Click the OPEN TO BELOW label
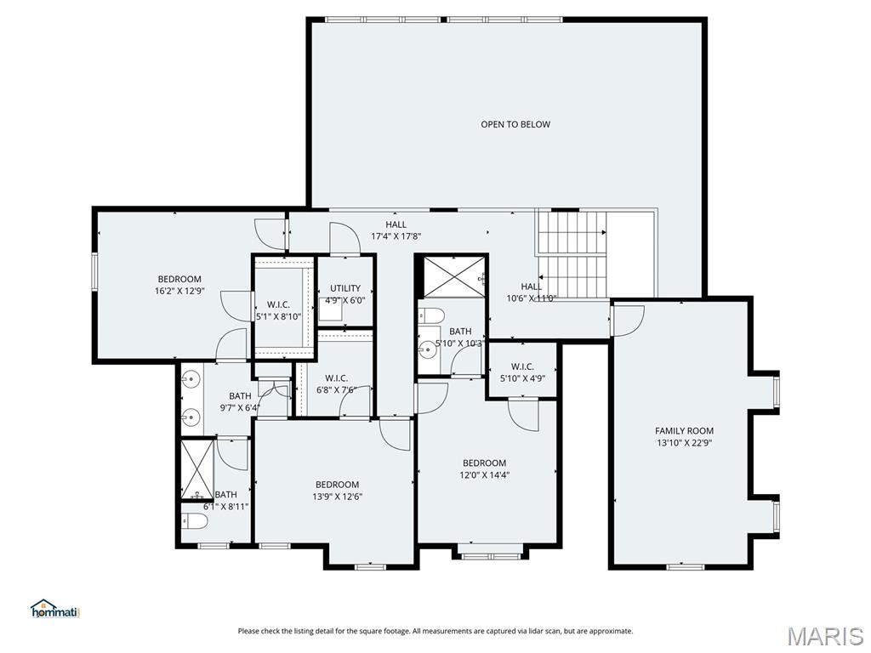515,124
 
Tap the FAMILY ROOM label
684,431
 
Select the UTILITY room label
345,288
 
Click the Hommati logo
54,609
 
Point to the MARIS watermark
824,635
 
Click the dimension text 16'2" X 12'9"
179,291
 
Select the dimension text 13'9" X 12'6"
338,497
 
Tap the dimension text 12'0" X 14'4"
484,475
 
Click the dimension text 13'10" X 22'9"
684,442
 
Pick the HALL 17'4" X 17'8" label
396,230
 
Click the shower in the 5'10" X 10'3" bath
451,277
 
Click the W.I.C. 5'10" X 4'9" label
522,372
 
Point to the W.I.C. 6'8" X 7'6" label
336,384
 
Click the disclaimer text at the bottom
435,631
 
